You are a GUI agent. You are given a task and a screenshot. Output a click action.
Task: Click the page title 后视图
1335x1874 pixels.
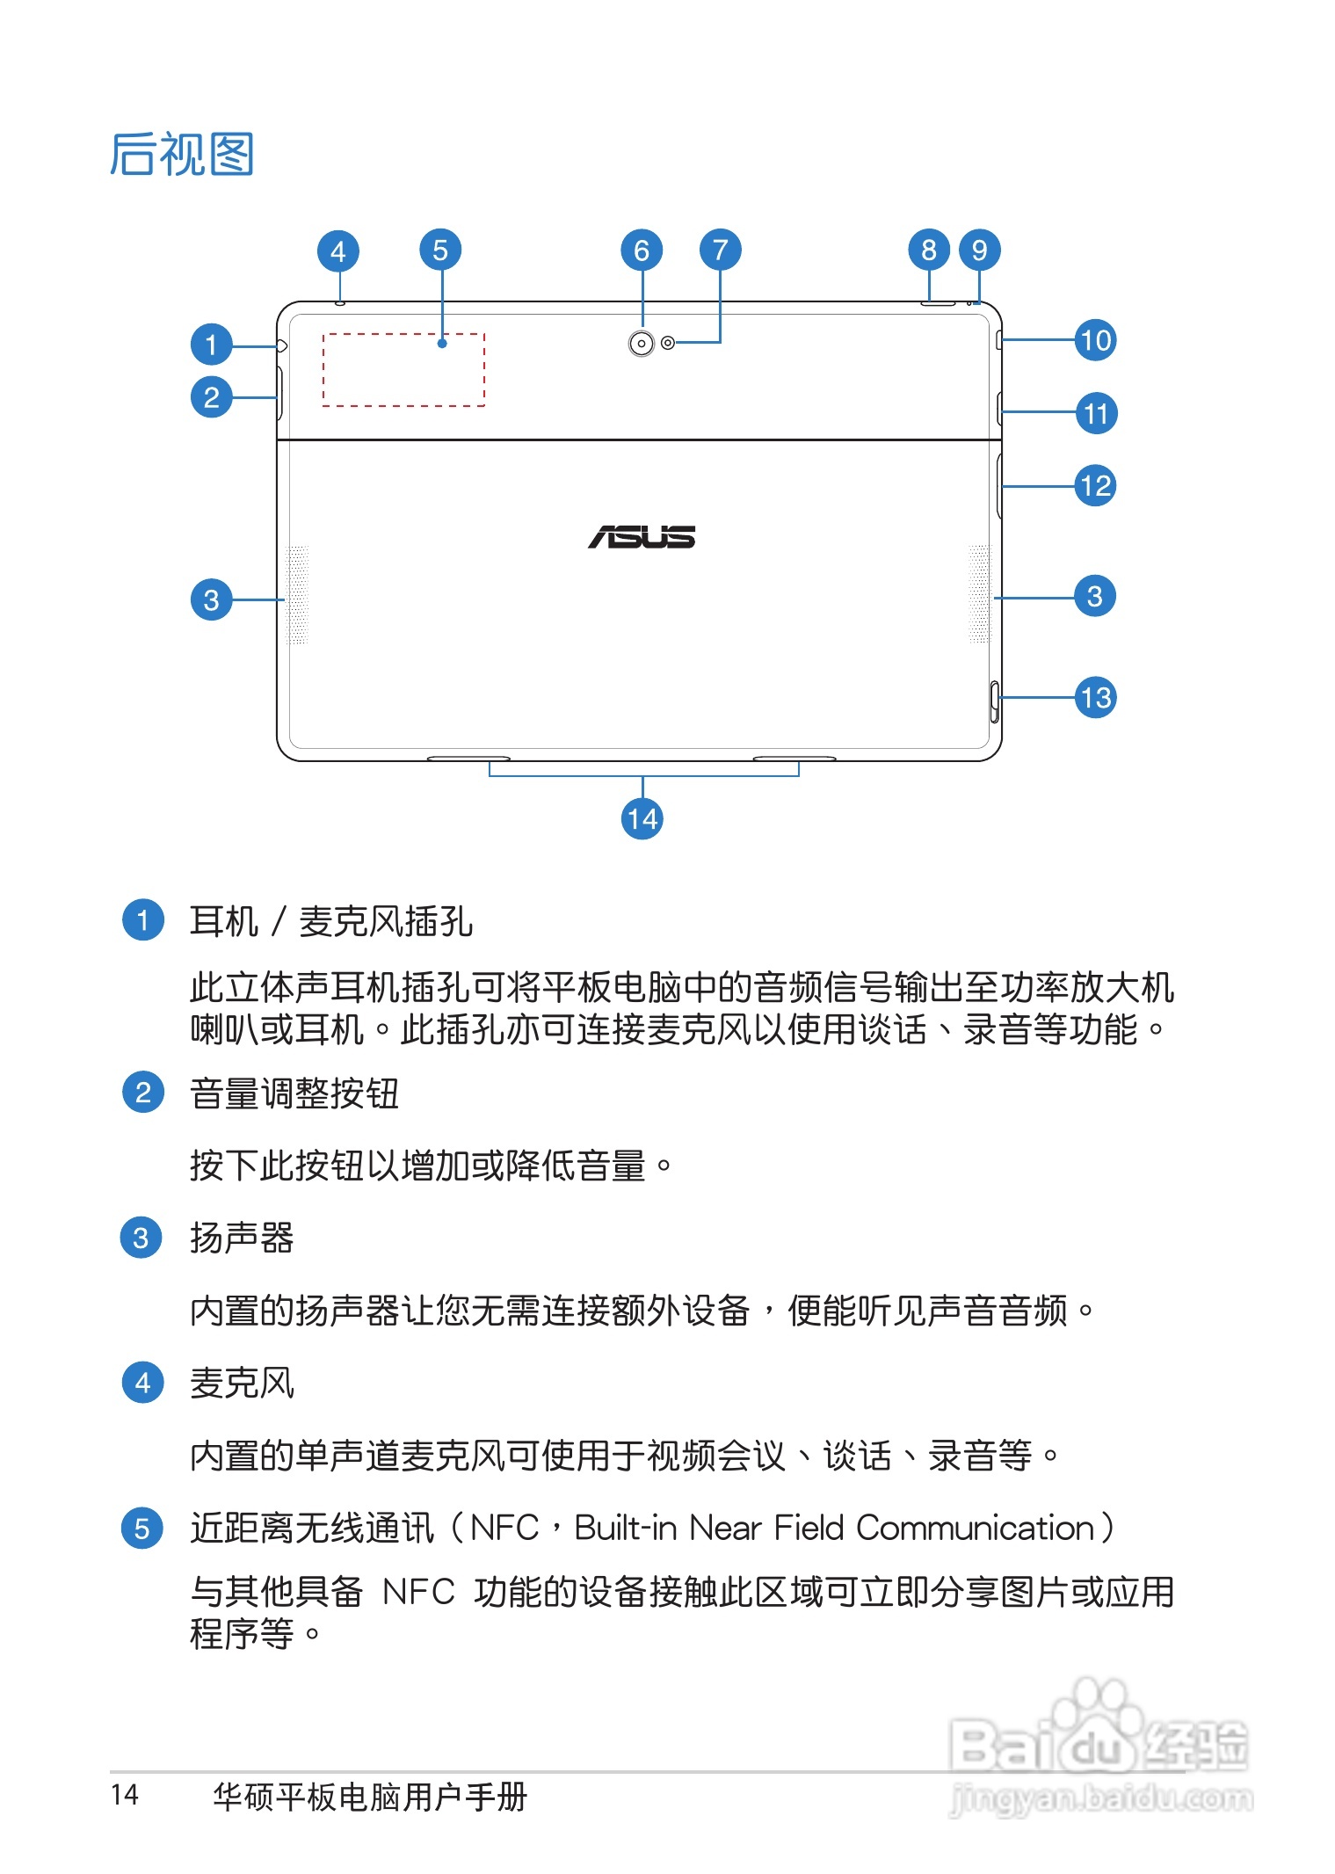click(182, 155)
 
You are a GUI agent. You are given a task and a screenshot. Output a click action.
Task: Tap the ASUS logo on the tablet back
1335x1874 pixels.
click(642, 536)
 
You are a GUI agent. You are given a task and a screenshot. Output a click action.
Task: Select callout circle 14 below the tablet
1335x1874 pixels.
click(642, 819)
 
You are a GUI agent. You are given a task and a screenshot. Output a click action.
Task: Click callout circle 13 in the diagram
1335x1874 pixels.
click(1095, 698)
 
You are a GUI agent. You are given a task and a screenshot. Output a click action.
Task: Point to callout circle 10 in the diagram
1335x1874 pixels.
click(1095, 340)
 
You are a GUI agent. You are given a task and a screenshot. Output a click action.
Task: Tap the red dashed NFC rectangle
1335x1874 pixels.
click(403, 370)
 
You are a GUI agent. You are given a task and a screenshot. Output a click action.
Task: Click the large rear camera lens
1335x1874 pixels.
click(642, 344)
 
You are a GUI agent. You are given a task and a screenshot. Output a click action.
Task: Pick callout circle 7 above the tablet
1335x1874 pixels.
click(720, 251)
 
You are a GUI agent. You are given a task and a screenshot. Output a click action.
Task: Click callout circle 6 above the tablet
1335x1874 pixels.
click(642, 251)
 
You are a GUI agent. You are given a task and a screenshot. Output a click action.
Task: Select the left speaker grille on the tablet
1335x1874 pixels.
click(297, 595)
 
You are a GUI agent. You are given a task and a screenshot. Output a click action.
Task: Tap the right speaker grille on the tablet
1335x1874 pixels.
click(979, 594)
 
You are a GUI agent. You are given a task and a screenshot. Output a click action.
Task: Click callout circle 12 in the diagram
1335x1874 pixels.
click(1095, 486)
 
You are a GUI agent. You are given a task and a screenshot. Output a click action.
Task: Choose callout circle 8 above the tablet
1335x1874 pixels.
click(929, 251)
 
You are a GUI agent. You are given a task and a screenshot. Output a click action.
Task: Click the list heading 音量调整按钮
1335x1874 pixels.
click(294, 1094)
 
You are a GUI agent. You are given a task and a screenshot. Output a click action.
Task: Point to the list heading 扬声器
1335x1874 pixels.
click(242, 1238)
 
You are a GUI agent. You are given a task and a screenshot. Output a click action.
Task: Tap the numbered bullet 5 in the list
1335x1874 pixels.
click(141, 1529)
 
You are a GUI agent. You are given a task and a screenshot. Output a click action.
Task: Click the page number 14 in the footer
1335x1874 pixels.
click(125, 1794)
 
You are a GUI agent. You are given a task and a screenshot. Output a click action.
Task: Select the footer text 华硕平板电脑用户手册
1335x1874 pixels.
click(369, 1797)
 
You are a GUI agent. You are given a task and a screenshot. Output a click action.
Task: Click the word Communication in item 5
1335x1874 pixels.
click(975, 1529)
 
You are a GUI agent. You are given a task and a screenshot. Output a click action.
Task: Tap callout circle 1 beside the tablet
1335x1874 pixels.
click(211, 344)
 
